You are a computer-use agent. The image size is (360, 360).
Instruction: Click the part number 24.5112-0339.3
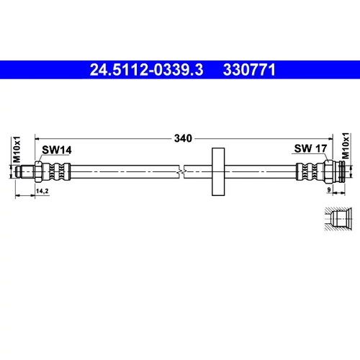146,70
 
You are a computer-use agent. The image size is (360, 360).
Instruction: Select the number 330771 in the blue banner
249,70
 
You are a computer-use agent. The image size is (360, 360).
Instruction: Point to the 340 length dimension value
183,138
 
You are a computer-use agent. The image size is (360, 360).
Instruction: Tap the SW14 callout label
57,150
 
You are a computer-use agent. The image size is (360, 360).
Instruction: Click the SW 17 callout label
310,148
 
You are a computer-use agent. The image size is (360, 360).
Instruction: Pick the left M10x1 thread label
17,149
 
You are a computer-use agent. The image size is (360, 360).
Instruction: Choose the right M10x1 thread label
346,145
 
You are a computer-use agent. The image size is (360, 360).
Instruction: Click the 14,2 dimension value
42,191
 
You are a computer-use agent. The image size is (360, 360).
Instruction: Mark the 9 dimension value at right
329,189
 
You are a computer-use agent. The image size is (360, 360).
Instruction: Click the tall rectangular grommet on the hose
218,171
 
